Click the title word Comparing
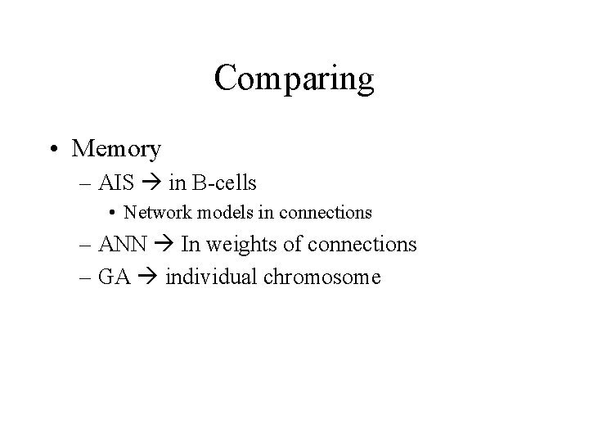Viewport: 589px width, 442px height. [294, 79]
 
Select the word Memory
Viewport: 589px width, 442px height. [116, 149]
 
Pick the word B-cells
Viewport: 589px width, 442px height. [227, 182]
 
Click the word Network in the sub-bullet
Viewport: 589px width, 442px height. [153, 213]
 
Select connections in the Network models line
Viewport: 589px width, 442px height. [326, 213]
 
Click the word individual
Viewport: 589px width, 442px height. [211, 277]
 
